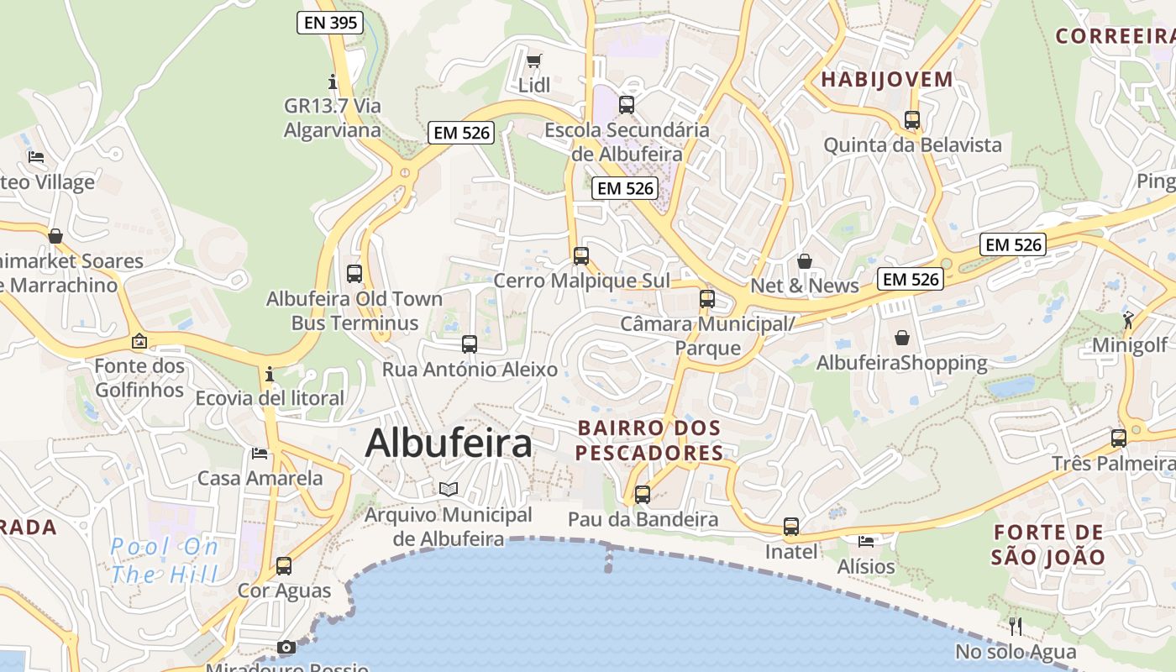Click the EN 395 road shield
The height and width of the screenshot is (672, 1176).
coord(330,23)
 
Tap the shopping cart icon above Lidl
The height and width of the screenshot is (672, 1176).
coord(533,60)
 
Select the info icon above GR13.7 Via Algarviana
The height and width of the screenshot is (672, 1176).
coord(333,81)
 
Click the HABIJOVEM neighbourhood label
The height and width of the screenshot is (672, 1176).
coord(887,80)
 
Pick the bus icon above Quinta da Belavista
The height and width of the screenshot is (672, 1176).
coord(912,120)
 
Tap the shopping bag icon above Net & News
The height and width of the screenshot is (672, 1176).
coord(805,261)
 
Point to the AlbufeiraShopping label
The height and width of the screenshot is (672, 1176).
coord(901,363)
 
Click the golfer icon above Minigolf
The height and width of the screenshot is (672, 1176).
coord(1128,320)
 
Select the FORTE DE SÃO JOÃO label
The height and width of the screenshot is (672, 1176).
coord(1047,544)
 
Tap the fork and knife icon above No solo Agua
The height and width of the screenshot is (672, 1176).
coord(1016,626)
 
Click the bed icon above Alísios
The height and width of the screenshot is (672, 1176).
coord(866,542)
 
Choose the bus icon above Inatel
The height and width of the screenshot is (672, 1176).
coord(791,527)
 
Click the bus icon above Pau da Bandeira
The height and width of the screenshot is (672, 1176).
coord(643,495)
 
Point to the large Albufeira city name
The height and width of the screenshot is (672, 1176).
coord(449,444)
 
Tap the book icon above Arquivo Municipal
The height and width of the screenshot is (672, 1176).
coord(449,489)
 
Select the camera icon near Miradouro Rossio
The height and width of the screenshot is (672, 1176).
coord(286,647)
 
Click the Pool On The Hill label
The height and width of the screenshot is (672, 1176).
coord(165,560)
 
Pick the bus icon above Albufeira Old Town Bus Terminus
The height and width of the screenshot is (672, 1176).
coord(354,273)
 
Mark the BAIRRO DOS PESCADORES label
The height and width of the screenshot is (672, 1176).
coord(649,440)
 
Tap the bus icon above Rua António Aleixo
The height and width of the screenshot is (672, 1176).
coord(470,344)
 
